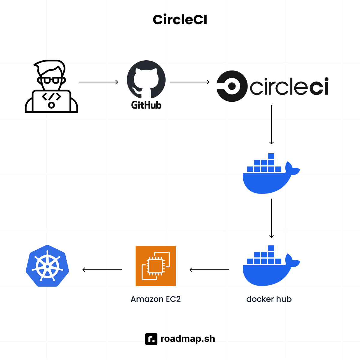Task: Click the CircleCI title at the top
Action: point(180,20)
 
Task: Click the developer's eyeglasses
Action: point(51,80)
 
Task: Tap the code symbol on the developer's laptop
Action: point(51,97)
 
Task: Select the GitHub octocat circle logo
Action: point(146,79)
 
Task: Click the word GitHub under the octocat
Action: point(146,105)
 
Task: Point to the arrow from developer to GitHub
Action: point(98,82)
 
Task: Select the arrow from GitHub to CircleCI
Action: point(190,82)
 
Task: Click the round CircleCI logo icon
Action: point(232,86)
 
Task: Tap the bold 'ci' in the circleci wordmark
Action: point(319,87)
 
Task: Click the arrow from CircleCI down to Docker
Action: point(271,124)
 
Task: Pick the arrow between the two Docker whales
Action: point(271,218)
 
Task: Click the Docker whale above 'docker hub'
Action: point(270,267)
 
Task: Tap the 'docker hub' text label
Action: point(269,299)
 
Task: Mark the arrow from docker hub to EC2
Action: point(209,270)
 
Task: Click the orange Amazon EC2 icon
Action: point(156,266)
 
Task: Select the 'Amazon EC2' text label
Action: point(156,299)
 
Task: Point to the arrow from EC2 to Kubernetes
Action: point(102,270)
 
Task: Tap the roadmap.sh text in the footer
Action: point(188,339)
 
